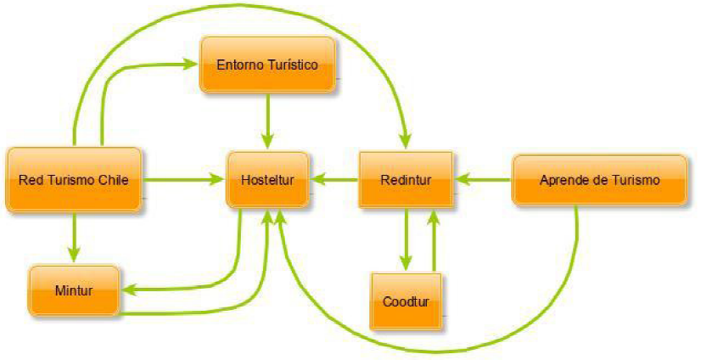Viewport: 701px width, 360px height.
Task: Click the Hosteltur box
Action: tap(266, 180)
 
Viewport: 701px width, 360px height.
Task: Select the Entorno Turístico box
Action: tap(268, 65)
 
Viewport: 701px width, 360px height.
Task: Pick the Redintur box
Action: tap(406, 180)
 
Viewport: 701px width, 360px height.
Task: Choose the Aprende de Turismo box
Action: tap(599, 180)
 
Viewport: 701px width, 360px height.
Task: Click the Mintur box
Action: tap(73, 290)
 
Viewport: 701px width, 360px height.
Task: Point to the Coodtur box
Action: tap(406, 301)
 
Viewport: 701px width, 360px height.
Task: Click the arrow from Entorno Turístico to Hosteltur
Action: tap(268, 119)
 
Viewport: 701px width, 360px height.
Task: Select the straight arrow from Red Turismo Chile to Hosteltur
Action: tap(182, 180)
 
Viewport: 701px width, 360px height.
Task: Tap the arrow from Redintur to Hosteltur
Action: tap(334, 180)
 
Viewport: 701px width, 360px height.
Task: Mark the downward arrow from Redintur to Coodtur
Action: tap(406, 238)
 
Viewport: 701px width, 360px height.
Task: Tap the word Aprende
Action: tap(560, 180)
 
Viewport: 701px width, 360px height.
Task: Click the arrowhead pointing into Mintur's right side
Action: tap(125, 290)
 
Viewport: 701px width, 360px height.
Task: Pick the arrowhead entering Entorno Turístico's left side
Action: tap(192, 63)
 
